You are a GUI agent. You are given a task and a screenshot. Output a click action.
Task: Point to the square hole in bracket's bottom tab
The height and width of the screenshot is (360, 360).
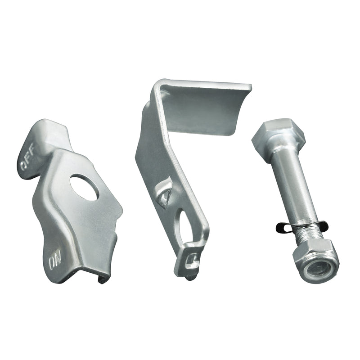click(192, 260)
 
